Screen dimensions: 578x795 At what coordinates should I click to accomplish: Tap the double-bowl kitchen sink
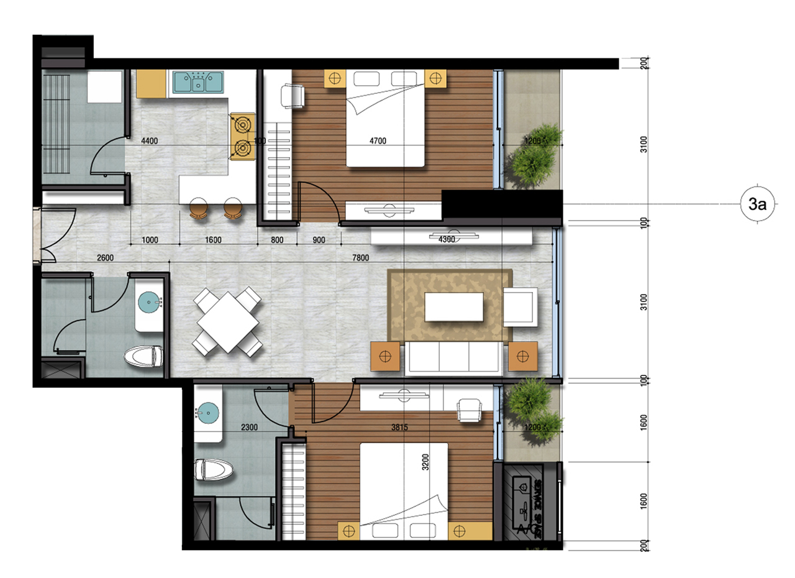pos(198,81)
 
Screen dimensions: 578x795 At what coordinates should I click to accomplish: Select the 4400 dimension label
pos(150,141)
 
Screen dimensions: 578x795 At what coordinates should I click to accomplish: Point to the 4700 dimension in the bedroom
pos(378,141)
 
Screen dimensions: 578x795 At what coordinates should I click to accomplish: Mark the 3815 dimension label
pos(399,427)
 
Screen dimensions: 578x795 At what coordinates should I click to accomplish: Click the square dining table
pos(227,322)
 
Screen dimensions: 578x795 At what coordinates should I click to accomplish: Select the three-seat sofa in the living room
pos(454,358)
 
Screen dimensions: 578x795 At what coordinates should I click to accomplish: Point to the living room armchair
pos(521,307)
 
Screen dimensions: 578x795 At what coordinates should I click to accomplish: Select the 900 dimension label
pos(319,239)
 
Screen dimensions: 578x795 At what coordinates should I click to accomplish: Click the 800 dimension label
pos(277,239)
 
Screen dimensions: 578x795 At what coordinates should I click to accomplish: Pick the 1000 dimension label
pos(150,239)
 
